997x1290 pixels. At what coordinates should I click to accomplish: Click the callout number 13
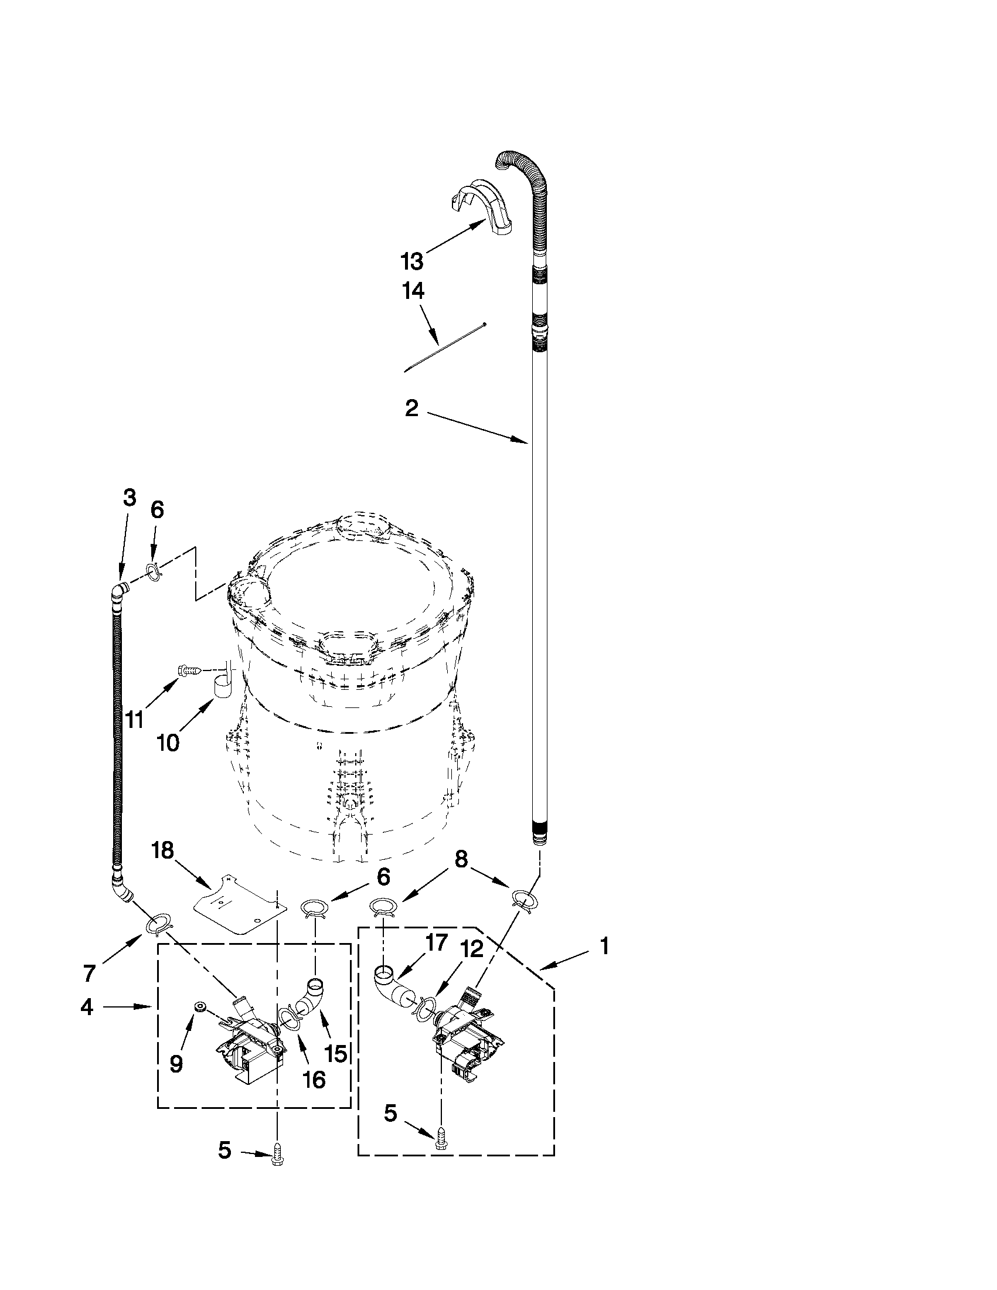click(412, 260)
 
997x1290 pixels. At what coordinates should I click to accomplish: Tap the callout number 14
click(413, 291)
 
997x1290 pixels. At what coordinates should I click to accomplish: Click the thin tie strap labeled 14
click(444, 348)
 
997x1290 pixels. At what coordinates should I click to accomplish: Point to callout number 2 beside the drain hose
click(411, 408)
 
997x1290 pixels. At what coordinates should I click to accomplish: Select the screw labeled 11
click(188, 670)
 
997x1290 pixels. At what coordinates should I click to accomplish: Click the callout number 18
click(163, 850)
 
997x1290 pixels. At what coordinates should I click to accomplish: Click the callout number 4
click(87, 1006)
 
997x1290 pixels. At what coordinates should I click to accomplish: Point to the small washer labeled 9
click(199, 1007)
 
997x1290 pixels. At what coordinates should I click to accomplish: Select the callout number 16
click(314, 1080)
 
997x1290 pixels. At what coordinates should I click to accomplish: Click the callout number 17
click(437, 942)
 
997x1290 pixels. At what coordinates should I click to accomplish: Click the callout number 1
click(604, 946)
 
